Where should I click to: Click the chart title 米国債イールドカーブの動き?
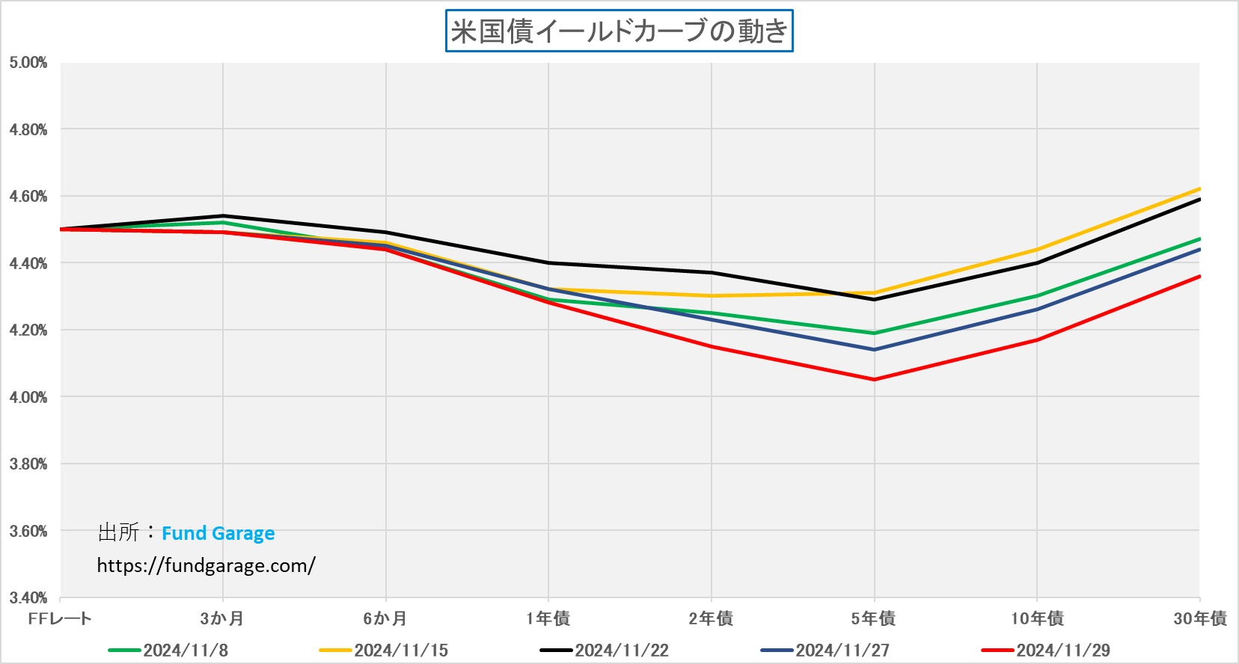[619, 31]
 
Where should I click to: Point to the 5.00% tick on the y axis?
[28, 63]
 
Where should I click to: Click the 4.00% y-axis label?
[28, 397]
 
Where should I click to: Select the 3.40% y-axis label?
[28, 597]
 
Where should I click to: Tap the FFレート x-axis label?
[60, 618]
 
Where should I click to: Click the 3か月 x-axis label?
[222, 618]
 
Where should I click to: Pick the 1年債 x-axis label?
[548, 618]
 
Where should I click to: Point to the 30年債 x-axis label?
[1199, 618]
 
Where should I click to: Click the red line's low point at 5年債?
[874, 380]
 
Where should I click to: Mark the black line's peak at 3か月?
[223, 216]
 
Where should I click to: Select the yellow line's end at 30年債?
[1199, 189]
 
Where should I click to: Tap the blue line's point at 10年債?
[1037, 309]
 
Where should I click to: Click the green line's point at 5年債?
[874, 333]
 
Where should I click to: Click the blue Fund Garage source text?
[218, 533]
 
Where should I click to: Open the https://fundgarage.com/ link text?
[206, 565]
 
